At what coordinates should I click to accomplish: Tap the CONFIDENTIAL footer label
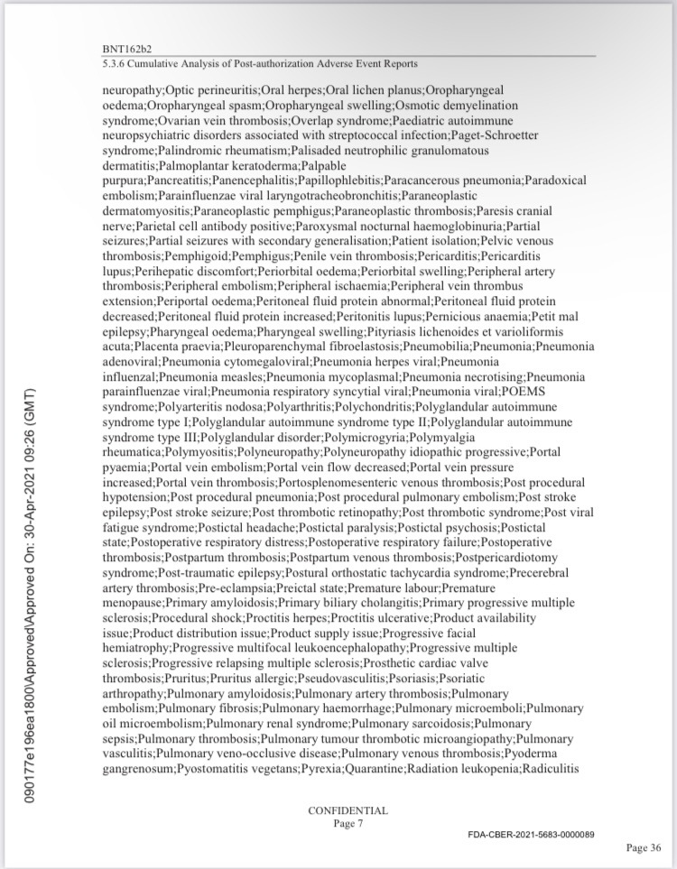pyautogui.click(x=348, y=810)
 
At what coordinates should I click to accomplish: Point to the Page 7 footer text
pyautogui.click(x=348, y=823)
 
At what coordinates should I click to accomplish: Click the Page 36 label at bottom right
pyautogui.click(x=644, y=847)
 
